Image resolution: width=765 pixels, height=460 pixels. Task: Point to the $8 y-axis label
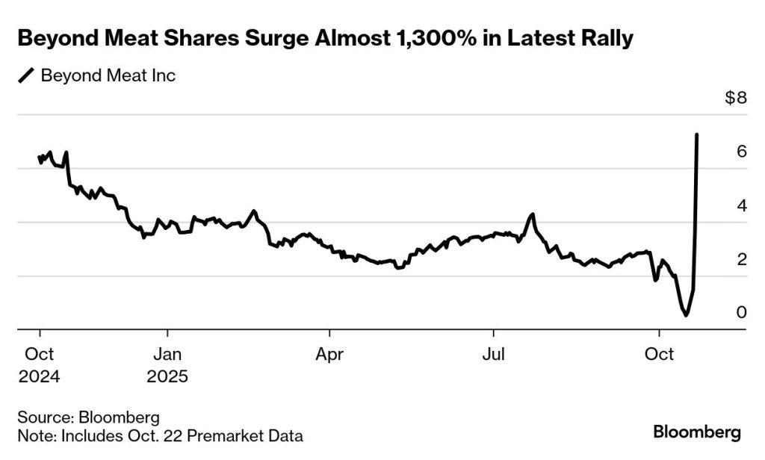(x=736, y=99)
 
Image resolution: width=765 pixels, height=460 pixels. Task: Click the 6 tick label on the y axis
(x=742, y=152)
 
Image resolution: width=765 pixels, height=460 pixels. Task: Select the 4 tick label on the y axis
(x=742, y=205)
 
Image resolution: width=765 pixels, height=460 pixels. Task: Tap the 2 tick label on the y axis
(x=742, y=259)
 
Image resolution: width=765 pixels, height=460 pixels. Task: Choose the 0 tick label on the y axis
(x=742, y=312)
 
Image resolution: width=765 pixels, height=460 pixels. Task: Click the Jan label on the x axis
(x=167, y=353)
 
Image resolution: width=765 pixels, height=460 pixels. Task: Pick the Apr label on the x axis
(x=329, y=353)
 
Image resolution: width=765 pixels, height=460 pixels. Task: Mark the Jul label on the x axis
(x=492, y=353)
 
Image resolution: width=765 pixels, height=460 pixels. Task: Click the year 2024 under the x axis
(x=39, y=376)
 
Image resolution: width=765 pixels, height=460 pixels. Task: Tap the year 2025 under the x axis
(x=167, y=376)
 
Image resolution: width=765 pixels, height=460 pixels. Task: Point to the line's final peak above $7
(x=697, y=135)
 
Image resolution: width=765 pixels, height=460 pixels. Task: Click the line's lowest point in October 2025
(x=686, y=315)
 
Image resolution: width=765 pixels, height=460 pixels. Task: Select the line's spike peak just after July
(x=532, y=215)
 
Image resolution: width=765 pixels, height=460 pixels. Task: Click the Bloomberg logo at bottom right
(x=696, y=432)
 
